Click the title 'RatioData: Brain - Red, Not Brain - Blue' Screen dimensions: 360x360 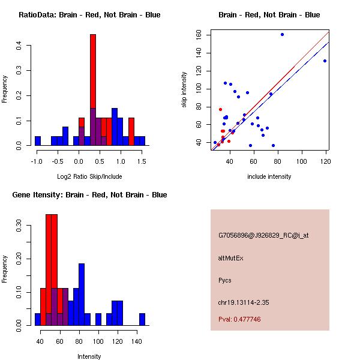click(x=89, y=15)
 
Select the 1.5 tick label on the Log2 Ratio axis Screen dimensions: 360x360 click(x=142, y=161)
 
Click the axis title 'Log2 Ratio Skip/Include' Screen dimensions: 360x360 click(x=89, y=176)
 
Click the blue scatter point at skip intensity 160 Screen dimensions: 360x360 click(x=282, y=34)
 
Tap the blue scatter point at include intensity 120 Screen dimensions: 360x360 click(x=325, y=61)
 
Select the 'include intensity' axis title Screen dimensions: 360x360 click(x=269, y=176)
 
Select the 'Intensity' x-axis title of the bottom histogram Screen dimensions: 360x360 click(x=89, y=356)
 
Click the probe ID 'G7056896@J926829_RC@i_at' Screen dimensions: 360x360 click(x=263, y=236)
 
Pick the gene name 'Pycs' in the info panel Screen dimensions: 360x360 click(x=225, y=280)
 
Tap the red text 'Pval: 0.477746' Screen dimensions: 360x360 click(x=239, y=320)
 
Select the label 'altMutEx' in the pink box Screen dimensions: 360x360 click(x=230, y=258)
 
